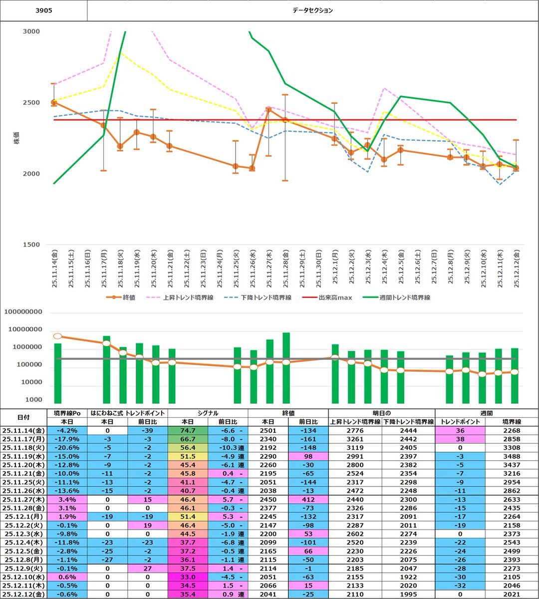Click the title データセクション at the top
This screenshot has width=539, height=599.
312,10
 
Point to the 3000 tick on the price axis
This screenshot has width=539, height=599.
31,31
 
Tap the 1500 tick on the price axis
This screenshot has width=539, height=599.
31,245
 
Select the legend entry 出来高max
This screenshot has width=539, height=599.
335,298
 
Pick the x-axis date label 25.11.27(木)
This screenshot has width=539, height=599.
269,268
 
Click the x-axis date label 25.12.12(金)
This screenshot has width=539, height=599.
516,268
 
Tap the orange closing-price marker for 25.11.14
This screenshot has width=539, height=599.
54,102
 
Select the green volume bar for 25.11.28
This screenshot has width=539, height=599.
286,368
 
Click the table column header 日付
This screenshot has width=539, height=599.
23,417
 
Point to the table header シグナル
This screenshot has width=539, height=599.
208,413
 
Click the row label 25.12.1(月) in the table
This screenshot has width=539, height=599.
23,517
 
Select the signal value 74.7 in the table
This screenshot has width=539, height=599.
187,430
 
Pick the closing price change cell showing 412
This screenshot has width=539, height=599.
308,499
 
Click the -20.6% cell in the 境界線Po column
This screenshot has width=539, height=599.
68,448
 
